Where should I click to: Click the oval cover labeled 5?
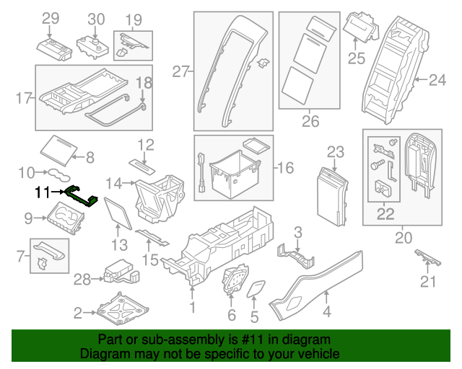pyautogui.click(x=255, y=291)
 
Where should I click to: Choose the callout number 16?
pyautogui.click(x=286, y=168)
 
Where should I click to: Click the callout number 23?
pyautogui.click(x=336, y=151)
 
